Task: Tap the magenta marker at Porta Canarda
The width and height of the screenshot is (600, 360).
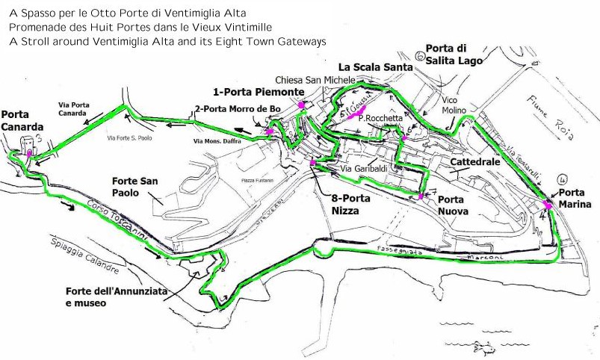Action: click(x=29, y=152)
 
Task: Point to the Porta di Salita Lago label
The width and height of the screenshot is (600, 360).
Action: click(x=454, y=54)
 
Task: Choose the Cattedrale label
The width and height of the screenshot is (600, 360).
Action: click(x=474, y=162)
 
